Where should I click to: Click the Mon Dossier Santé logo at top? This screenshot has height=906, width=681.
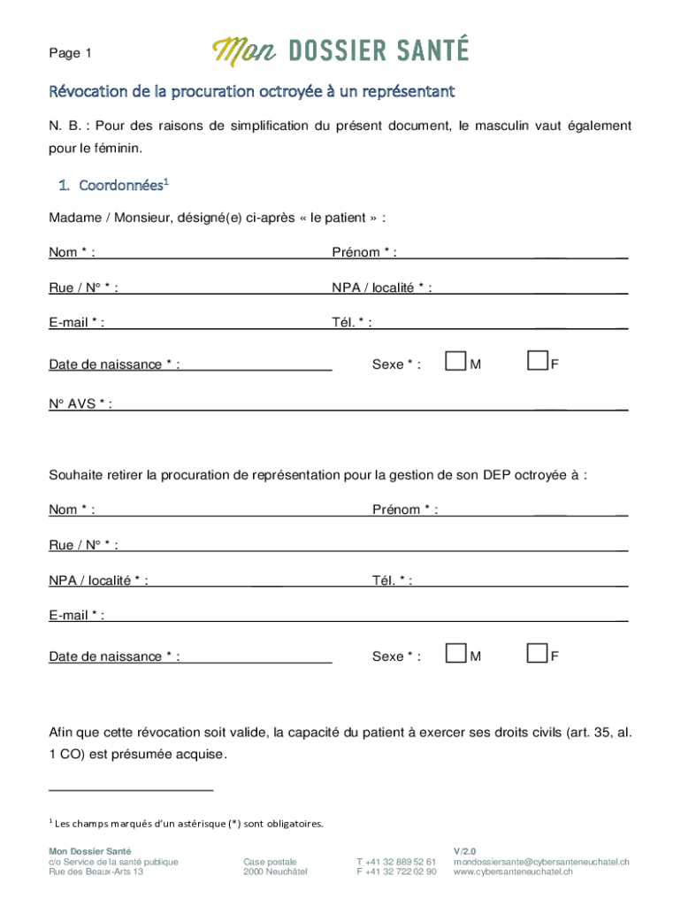[340, 51]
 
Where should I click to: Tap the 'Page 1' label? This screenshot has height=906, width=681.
[71, 54]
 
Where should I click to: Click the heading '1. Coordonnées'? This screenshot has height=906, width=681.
[113, 186]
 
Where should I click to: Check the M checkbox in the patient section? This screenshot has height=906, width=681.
[455, 362]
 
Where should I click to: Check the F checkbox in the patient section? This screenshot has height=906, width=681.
[537, 362]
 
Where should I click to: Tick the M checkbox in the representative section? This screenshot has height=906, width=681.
[455, 654]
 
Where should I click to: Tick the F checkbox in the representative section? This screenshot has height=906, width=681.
[537, 654]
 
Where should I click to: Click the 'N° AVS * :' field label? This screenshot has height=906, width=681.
[80, 404]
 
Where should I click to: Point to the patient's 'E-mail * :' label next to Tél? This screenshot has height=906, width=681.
[76, 323]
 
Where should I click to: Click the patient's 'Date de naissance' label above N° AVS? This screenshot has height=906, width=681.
[114, 365]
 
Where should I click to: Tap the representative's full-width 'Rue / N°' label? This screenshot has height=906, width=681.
[83, 545]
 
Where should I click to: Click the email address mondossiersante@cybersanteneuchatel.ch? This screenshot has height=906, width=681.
[541, 862]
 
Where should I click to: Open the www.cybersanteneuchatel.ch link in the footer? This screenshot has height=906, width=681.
[513, 872]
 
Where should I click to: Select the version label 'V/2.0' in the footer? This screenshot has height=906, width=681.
[465, 850]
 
